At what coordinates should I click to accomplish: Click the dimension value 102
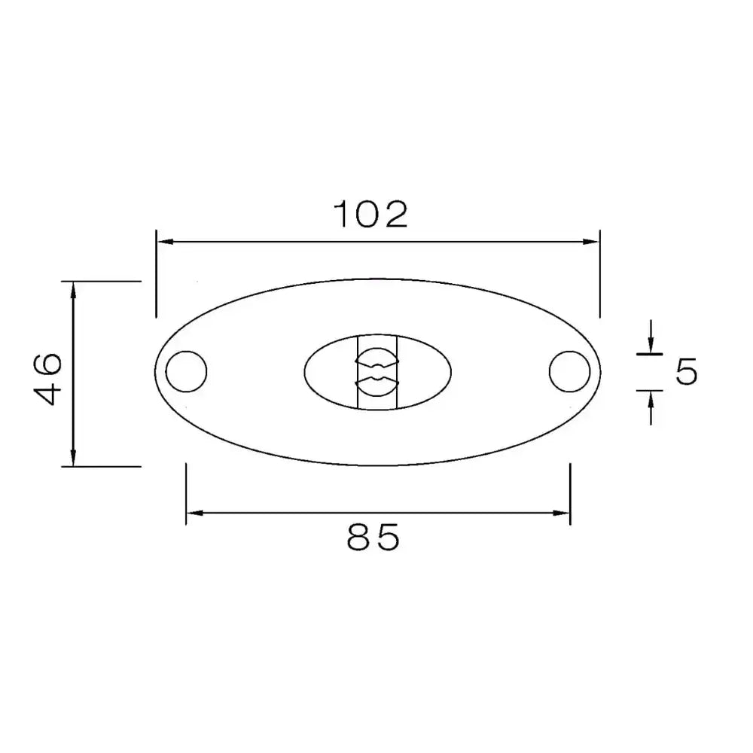[370, 215]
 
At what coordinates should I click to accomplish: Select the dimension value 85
[373, 538]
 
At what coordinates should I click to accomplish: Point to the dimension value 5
[685, 372]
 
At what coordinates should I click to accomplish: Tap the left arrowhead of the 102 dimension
[164, 242]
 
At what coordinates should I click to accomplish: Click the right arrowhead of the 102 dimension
[592, 242]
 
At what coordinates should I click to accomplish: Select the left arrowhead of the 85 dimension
[194, 514]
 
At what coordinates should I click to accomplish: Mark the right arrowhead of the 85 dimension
[562, 514]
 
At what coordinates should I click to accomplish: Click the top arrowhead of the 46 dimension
[73, 290]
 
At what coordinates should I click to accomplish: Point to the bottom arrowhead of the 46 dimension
[73, 458]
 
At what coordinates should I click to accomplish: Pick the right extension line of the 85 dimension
[570, 493]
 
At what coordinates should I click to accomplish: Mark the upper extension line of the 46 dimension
[105, 281]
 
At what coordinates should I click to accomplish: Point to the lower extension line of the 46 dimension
[105, 467]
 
